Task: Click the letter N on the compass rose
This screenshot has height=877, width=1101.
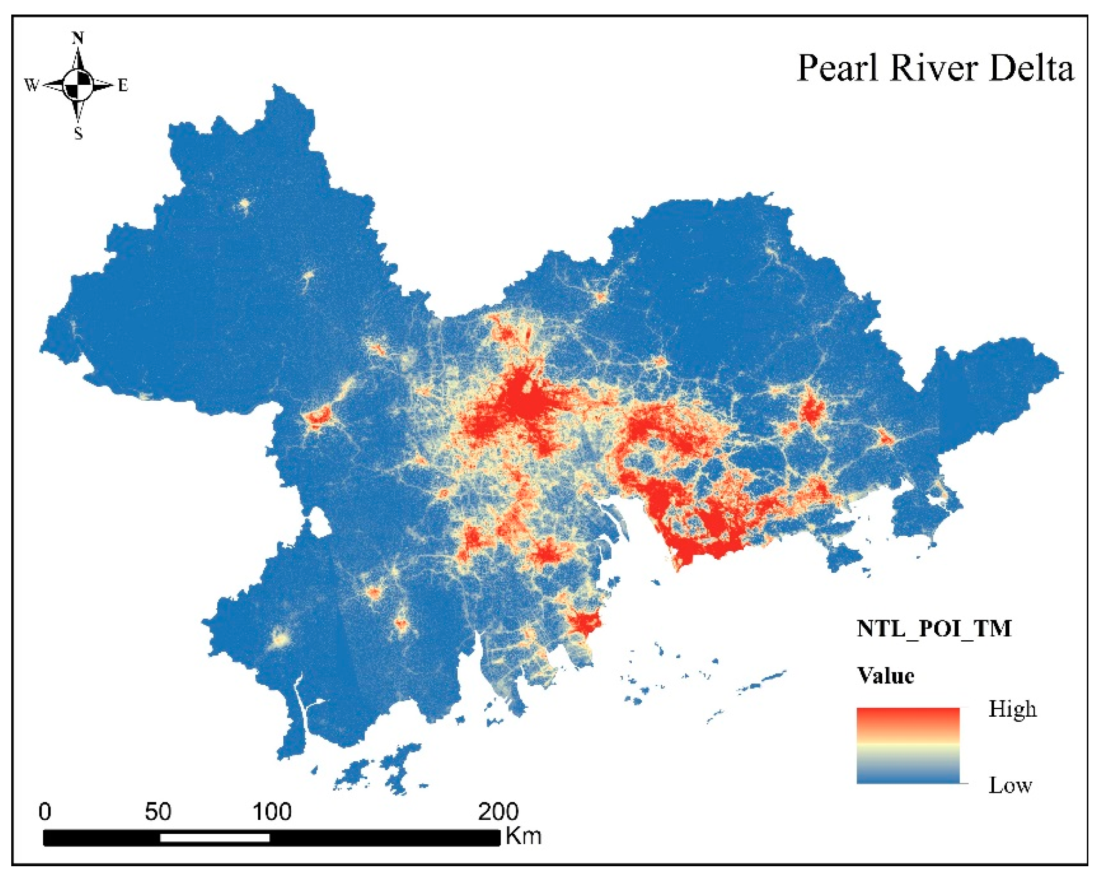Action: point(78,38)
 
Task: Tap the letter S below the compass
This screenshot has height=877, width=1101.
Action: point(78,134)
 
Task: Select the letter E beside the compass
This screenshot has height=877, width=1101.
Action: point(123,86)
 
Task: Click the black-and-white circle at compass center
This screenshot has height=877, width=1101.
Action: point(78,85)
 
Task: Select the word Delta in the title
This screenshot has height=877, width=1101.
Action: point(1031,68)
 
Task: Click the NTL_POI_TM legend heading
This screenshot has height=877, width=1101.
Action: point(933,629)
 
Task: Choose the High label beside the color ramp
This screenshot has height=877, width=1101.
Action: point(1012,709)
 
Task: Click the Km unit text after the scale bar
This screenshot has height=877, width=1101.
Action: point(523,837)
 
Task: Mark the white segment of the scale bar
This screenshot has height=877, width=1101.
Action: point(214,838)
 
